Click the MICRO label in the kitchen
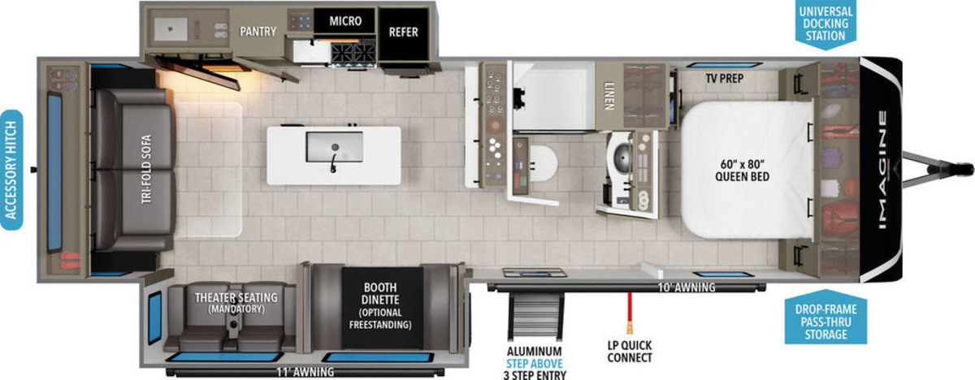coord(345,21)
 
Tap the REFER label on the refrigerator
coord(403,32)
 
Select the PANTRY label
coord(258,32)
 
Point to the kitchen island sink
coord(334,147)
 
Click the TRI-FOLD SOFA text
coord(146,169)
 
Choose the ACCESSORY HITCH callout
coord(11,170)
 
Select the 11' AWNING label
coord(305,372)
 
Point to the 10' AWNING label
coord(686,287)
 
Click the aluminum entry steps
coord(535,317)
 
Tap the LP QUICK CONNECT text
coord(630,352)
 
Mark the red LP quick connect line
coord(630,313)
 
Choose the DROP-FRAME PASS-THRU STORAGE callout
coord(825,322)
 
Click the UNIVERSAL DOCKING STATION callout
coord(825,24)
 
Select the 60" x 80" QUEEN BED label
coord(742,170)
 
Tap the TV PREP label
coord(724,78)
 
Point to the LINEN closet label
coord(609,96)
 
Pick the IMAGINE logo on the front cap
coord(882,170)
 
